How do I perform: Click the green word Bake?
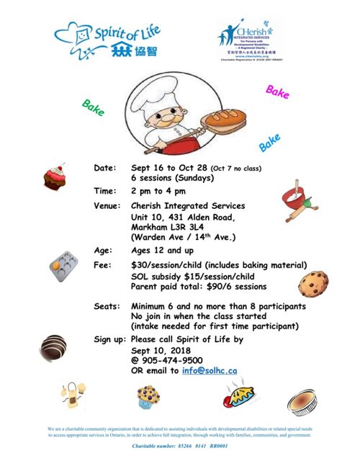point(94,108)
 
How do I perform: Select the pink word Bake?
point(277,92)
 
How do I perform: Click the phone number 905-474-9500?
point(171,361)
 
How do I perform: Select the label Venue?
point(109,207)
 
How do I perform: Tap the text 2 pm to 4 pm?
point(159,191)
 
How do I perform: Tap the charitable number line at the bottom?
point(180,447)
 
